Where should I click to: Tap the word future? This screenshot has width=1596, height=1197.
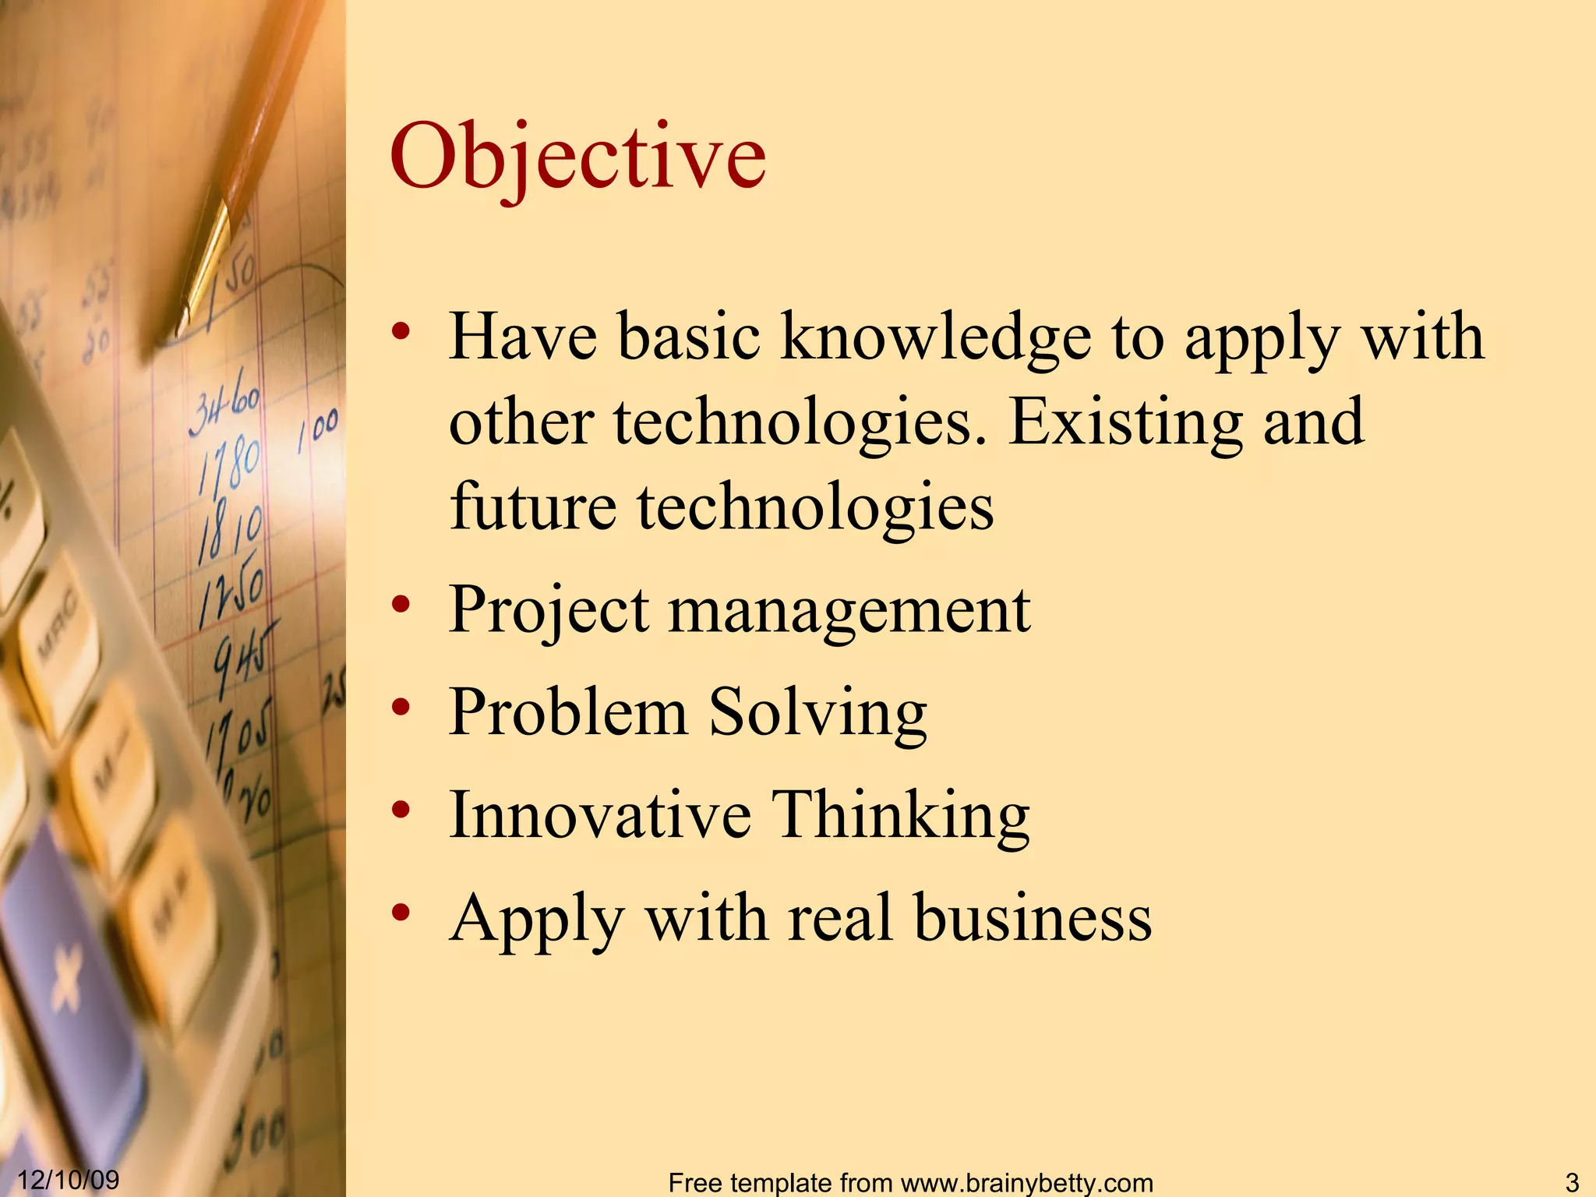click(x=533, y=506)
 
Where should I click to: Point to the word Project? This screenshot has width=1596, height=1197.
click(x=548, y=610)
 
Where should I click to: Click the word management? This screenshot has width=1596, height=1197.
click(x=849, y=610)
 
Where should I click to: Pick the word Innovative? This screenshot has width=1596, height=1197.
click(x=600, y=814)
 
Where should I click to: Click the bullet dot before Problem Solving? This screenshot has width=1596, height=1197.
click(x=401, y=707)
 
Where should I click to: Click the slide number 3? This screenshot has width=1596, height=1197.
click(x=1571, y=1182)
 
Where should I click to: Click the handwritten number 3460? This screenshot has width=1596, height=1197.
click(x=224, y=408)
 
